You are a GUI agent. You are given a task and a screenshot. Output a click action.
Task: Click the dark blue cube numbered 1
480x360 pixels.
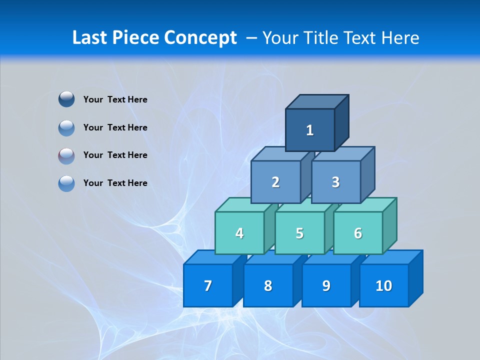click(x=310, y=130)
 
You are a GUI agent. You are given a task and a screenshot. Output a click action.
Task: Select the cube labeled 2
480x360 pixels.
click(x=275, y=182)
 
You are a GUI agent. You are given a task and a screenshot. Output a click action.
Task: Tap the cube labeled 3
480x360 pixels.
click(x=335, y=182)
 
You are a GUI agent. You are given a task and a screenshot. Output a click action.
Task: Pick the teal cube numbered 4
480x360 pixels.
click(x=239, y=233)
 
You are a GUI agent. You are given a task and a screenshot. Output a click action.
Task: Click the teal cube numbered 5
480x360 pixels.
click(x=299, y=233)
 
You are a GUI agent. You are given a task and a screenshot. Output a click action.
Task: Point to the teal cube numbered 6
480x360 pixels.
click(x=358, y=233)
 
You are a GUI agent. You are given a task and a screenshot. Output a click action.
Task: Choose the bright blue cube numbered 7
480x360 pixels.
click(x=208, y=285)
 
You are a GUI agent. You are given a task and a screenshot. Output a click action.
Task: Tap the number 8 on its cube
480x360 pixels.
click(x=268, y=285)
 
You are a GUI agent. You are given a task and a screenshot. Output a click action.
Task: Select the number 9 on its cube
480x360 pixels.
click(x=326, y=285)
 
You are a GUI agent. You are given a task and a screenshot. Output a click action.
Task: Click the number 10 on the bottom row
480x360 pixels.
click(x=384, y=285)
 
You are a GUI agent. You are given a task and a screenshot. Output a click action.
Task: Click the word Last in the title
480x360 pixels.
click(x=90, y=37)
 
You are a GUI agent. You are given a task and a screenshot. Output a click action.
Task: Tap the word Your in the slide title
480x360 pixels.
click(x=280, y=38)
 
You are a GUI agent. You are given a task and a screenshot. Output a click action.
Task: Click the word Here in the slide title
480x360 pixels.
click(x=400, y=37)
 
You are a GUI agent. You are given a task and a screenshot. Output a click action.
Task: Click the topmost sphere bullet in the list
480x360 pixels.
click(x=66, y=99)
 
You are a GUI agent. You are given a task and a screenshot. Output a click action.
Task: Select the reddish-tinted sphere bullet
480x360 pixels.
click(x=66, y=155)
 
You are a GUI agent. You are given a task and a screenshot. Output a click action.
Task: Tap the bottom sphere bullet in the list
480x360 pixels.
click(x=66, y=183)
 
